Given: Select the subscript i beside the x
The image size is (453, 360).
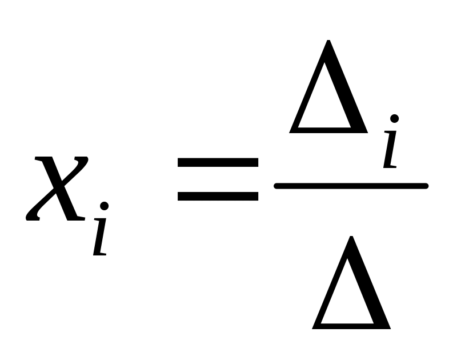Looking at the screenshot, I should [100, 234].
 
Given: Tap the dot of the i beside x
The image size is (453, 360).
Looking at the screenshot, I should [103, 206].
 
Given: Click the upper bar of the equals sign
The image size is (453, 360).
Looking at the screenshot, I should [218, 162].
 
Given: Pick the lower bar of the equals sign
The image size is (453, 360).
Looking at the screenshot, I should [218, 196].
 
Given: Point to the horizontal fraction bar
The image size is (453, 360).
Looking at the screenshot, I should [351, 185].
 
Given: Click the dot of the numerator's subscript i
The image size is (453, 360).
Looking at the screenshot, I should [394, 119].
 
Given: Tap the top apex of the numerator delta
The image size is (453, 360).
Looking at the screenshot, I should [328, 42].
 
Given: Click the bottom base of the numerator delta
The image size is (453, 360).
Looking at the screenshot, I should [328, 130].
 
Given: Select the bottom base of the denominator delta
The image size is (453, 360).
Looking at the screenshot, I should [351, 326].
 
